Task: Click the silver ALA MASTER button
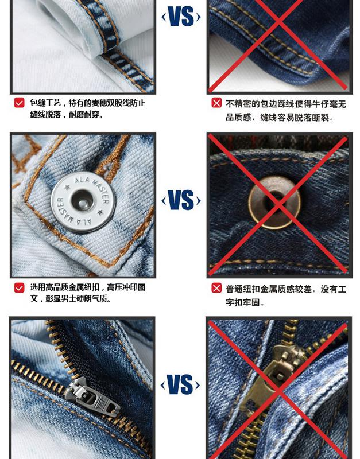(x=83, y=202)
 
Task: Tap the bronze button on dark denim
(x=274, y=203)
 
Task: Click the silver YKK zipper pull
(x=93, y=396)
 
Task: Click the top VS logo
(x=181, y=17)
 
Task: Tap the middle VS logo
(x=181, y=200)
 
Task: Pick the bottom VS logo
(x=180, y=384)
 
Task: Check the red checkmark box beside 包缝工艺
(x=19, y=103)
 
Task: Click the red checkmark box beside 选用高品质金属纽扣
(x=19, y=288)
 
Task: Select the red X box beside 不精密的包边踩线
(x=216, y=103)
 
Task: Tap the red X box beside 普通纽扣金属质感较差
(x=216, y=289)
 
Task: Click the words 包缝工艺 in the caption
(x=45, y=103)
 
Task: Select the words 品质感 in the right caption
(x=238, y=118)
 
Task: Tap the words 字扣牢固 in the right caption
(x=242, y=302)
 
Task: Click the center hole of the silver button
(x=82, y=200)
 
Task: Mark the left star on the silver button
(x=67, y=187)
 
